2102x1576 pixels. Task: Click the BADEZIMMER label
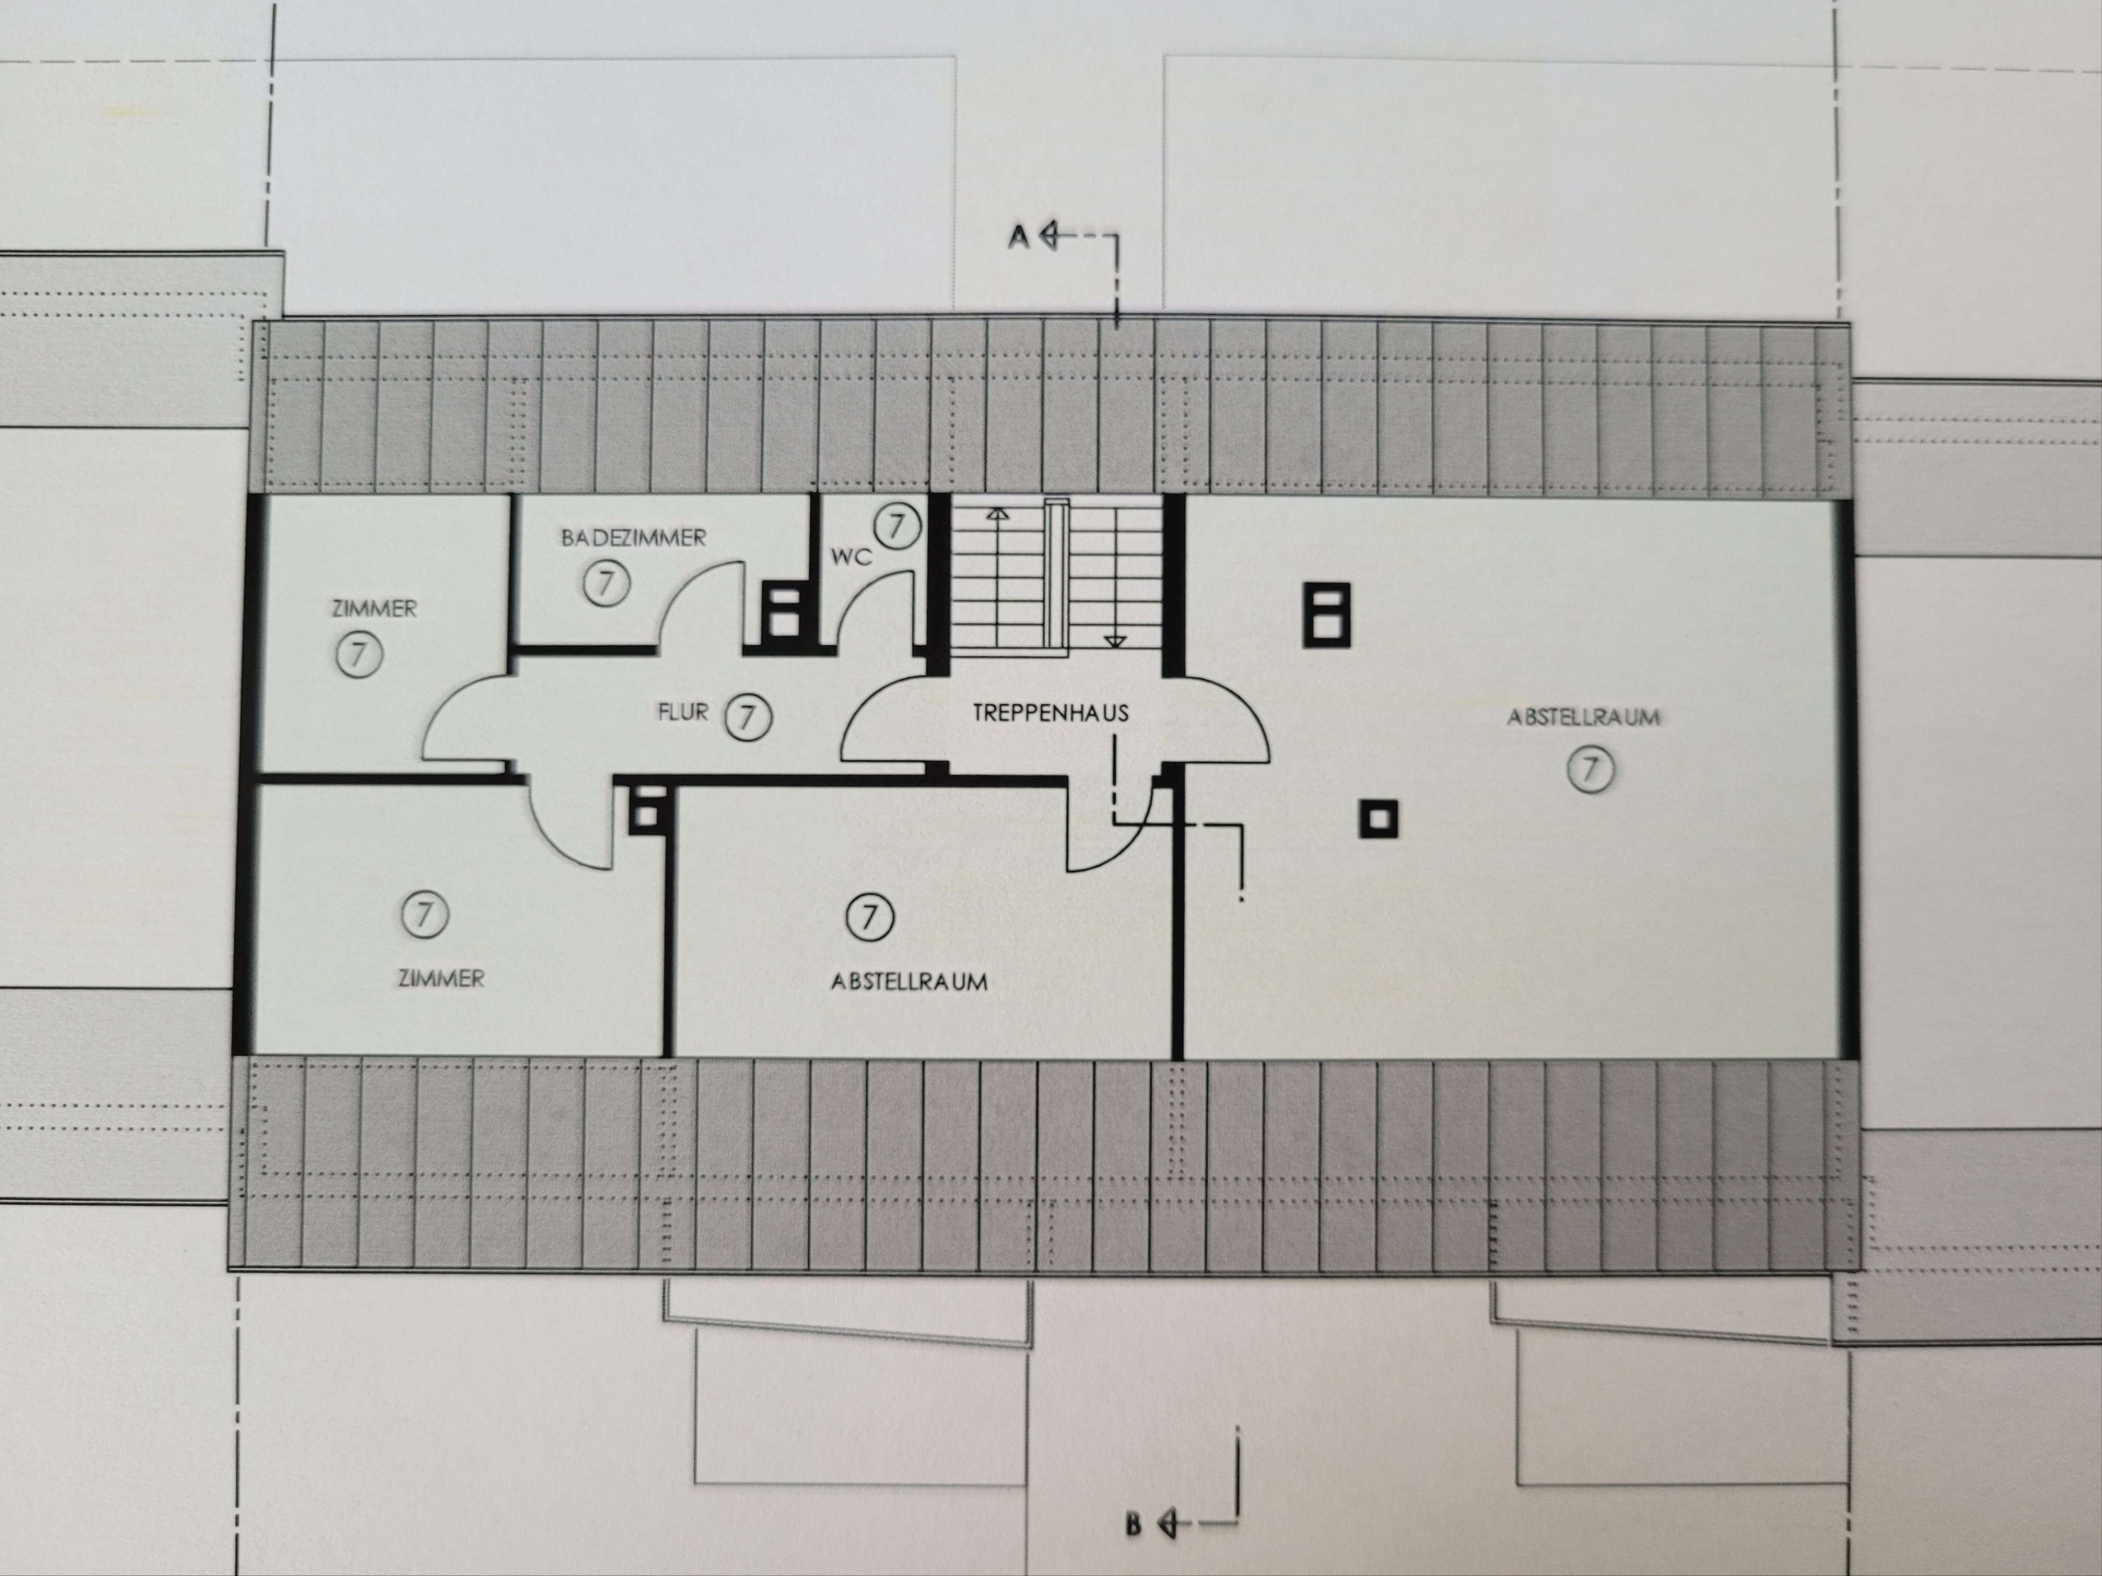tap(633, 538)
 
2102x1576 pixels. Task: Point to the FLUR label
tap(682, 711)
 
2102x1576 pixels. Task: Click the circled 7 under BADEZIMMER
tap(606, 582)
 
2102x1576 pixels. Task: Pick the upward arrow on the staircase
tap(997, 514)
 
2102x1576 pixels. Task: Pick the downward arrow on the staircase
tap(1115, 641)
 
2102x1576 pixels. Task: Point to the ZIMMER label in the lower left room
tap(441, 978)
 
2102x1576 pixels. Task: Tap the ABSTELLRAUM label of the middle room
tap(909, 981)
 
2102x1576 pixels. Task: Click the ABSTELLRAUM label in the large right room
tap(1583, 717)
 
